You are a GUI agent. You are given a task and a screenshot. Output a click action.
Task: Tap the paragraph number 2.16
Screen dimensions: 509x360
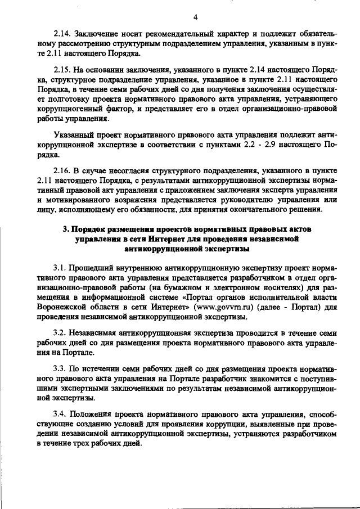(60, 169)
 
